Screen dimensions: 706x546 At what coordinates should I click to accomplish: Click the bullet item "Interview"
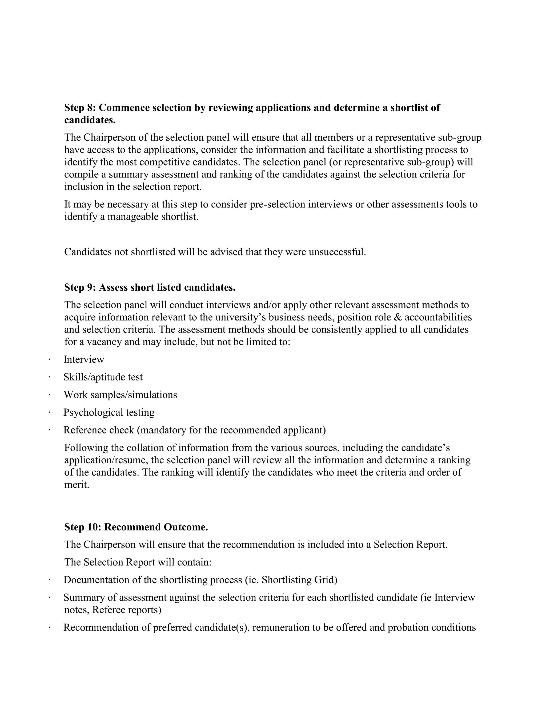click(84, 359)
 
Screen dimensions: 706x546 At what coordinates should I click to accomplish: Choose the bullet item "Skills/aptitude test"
click(103, 377)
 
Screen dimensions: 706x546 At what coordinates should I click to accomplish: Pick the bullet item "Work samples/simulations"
click(120, 395)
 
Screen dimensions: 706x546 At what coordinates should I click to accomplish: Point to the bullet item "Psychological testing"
click(109, 412)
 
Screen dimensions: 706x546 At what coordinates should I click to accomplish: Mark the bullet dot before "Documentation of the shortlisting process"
click(50, 580)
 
